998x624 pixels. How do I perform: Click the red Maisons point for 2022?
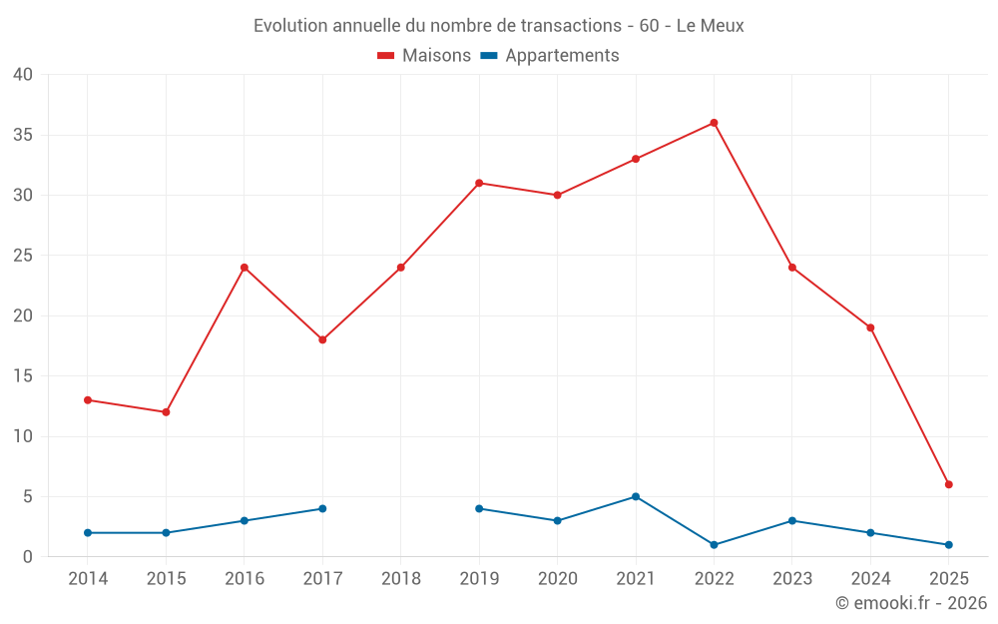tap(714, 123)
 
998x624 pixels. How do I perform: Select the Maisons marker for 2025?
tap(948, 484)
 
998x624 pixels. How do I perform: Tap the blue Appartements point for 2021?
tap(636, 496)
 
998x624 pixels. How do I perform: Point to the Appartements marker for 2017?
tap(322, 508)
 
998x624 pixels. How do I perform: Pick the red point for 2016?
tap(244, 268)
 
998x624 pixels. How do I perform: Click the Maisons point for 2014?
tap(88, 399)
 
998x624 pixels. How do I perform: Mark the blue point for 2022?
tap(714, 545)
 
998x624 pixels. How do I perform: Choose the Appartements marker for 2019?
tap(479, 508)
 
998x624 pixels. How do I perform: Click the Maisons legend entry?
tap(424, 56)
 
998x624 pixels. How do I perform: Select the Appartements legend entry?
tap(550, 56)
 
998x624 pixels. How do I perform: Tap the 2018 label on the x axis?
tap(401, 579)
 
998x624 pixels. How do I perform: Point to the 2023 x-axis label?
tap(792, 579)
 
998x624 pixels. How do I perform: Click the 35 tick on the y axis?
tap(22, 135)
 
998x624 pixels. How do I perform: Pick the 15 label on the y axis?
tap(22, 376)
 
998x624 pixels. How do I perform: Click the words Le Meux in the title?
tap(710, 26)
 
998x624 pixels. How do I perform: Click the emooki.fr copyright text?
tap(910, 603)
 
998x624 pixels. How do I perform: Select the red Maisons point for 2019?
tap(479, 183)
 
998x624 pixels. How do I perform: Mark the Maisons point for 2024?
tap(870, 327)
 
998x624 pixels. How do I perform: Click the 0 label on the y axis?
tap(28, 557)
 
